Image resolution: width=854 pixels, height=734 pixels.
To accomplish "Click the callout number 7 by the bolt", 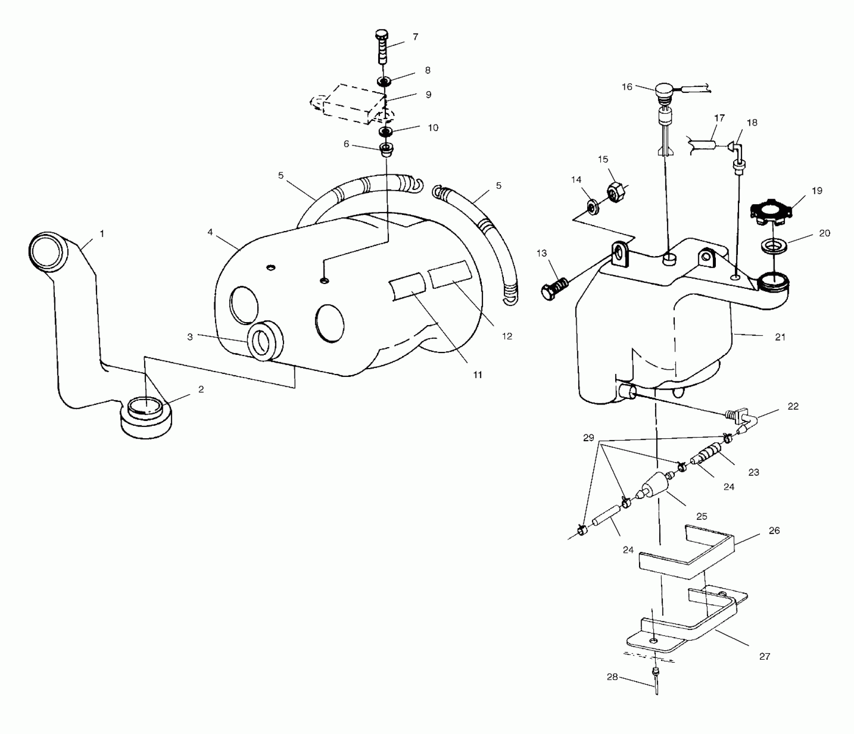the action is click(x=415, y=37).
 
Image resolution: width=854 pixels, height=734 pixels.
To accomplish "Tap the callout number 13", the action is click(x=541, y=253).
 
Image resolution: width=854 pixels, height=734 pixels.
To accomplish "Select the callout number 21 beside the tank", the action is click(x=780, y=337).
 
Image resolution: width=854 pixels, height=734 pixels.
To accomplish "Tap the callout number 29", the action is click(x=588, y=438).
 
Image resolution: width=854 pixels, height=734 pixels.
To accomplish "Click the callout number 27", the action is click(x=765, y=657).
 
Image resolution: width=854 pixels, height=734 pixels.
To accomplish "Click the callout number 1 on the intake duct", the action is click(x=102, y=234).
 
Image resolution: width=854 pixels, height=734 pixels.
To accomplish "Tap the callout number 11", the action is click(x=477, y=375).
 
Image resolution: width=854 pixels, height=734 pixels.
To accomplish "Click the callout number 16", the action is click(x=627, y=87).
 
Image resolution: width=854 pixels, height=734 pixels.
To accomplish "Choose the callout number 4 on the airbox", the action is click(x=210, y=232).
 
